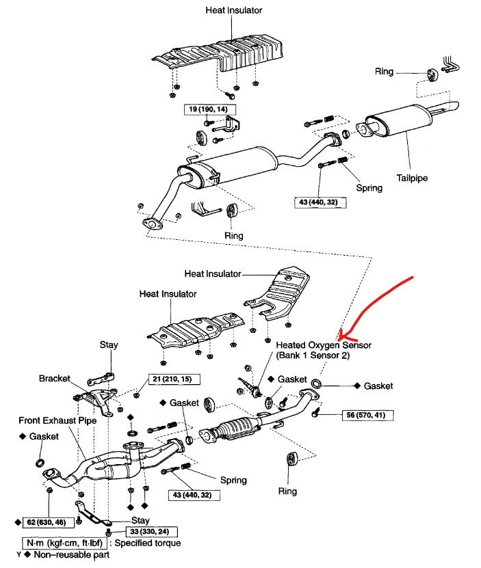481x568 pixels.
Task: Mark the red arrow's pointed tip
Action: (340, 336)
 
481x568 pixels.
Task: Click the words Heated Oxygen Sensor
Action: (324, 346)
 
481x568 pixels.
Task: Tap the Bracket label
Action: (55, 378)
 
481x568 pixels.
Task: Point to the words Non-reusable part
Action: (69, 555)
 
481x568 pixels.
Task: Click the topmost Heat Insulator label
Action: (233, 10)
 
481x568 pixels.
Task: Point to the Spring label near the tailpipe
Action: (369, 187)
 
